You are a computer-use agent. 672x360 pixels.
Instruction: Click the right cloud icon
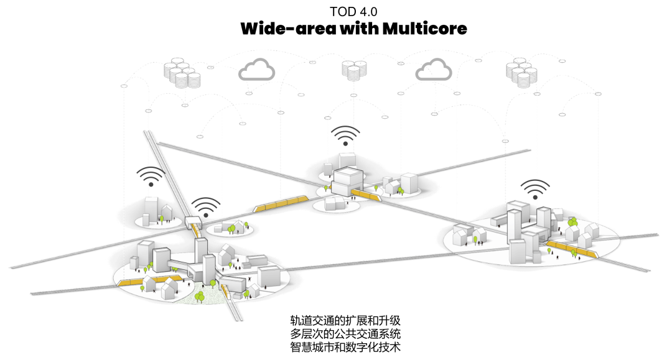tap(433, 69)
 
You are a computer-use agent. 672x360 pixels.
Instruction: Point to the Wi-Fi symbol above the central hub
tap(345, 136)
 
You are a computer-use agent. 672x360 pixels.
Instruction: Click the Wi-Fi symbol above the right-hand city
tap(535, 188)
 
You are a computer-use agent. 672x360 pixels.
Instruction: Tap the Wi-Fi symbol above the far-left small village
tap(150, 177)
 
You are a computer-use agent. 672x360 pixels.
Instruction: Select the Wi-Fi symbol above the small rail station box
tap(205, 207)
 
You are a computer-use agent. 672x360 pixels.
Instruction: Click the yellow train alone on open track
tap(281, 203)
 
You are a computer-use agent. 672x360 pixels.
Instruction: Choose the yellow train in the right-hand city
tap(571, 250)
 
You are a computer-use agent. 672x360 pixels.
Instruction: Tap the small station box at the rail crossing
tap(194, 221)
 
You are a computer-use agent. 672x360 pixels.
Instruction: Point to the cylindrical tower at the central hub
tap(327, 169)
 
